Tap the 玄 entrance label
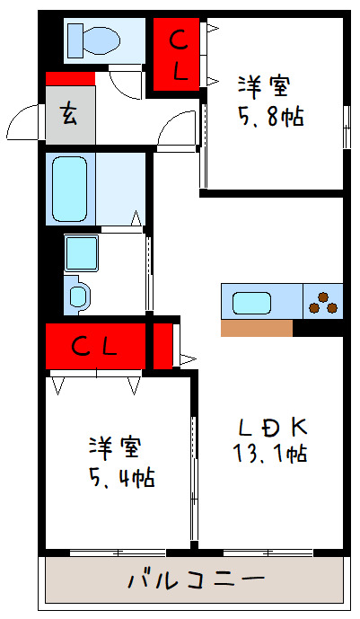pos(69,114)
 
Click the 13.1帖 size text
pos(272,454)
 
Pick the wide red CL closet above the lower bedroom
pos(94,346)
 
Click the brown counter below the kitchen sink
pos(256,328)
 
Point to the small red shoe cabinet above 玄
pos(70,79)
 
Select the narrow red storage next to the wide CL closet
pos(162,346)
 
